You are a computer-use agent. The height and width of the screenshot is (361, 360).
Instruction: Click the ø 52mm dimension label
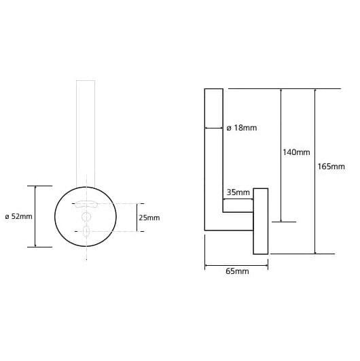click(18, 216)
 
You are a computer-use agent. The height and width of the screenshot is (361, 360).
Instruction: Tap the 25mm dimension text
click(149, 218)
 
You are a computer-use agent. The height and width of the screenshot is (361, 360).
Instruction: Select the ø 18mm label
click(242, 128)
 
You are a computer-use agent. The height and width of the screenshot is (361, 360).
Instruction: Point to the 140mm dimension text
click(296, 152)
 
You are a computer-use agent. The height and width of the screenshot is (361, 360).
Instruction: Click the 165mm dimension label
click(331, 167)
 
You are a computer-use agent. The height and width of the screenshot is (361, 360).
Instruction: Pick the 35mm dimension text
click(238, 192)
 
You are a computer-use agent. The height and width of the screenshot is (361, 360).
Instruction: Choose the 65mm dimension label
click(237, 271)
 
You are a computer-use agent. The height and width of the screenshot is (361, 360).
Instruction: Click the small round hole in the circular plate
click(86, 217)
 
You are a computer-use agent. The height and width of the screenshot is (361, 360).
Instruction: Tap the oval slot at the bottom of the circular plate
click(86, 231)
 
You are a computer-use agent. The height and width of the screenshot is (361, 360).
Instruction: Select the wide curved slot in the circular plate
click(86, 204)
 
